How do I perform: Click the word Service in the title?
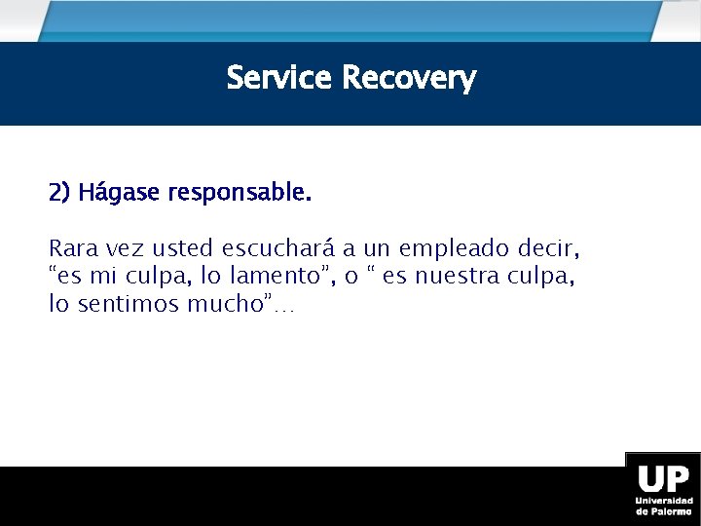279,78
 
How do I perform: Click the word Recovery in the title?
409,78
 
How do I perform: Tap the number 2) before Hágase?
59,193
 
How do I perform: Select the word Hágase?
120,193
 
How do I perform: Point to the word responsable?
240,193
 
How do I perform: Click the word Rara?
71,248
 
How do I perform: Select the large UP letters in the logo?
662,480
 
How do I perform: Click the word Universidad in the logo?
663,501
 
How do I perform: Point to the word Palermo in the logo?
672,510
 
